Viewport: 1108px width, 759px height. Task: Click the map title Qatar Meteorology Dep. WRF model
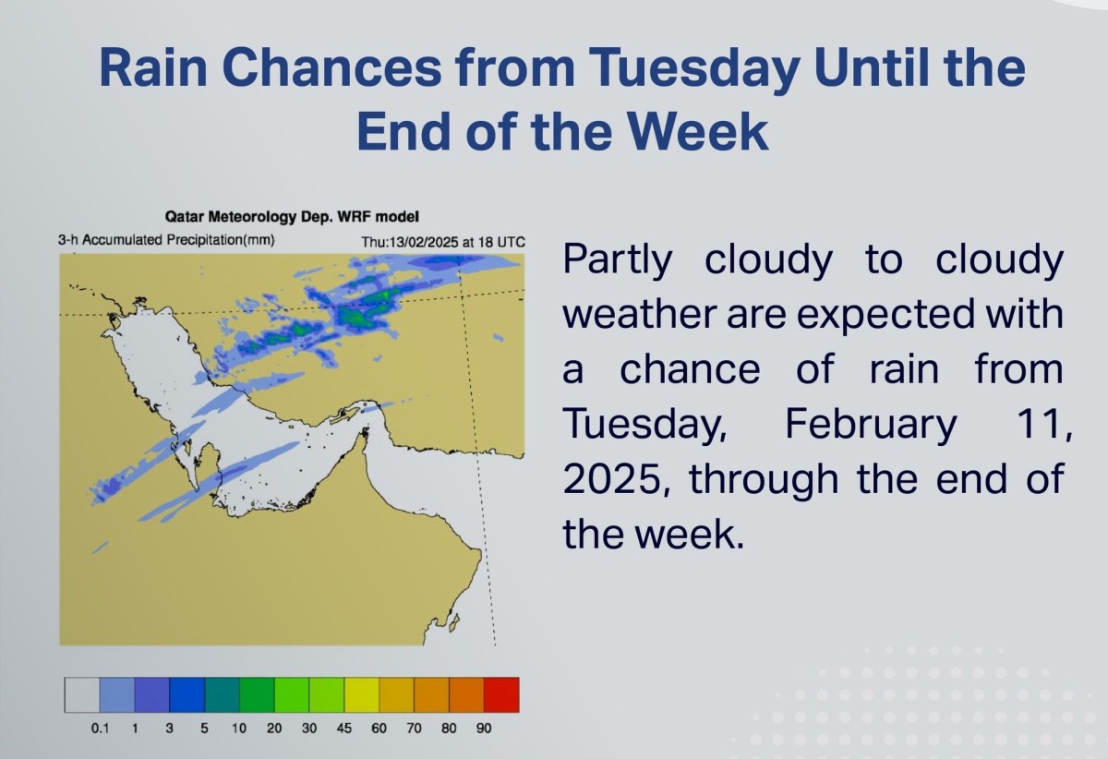pos(292,217)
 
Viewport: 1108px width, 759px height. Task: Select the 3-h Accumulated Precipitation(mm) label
pos(166,240)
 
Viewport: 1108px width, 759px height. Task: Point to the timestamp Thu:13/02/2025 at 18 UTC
pos(442,242)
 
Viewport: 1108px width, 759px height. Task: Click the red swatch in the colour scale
pos(501,694)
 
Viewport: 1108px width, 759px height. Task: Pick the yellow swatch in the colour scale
pos(362,694)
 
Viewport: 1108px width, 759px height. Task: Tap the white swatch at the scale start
pos(82,694)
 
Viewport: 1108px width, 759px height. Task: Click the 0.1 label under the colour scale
pos(100,729)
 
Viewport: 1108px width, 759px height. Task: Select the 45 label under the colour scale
pos(343,729)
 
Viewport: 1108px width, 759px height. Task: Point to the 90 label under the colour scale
pos(484,729)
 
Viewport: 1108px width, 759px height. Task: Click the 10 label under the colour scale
pos(239,729)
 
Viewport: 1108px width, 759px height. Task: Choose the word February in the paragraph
pos(871,425)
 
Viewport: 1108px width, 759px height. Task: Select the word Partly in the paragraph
pos(618,260)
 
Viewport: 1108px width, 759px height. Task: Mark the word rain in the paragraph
pos(904,369)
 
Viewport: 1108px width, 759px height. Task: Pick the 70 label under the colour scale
pos(414,729)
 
